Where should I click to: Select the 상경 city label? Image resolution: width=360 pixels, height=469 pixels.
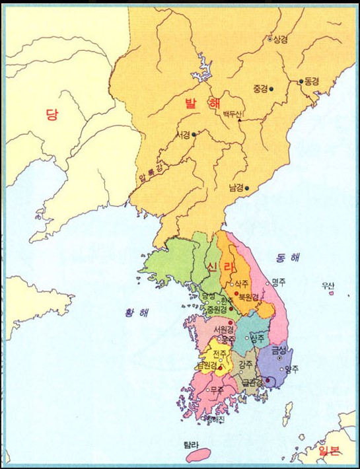tap(281, 39)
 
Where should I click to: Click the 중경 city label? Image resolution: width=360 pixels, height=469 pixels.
tap(260, 89)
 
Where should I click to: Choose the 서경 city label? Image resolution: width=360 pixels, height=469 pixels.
tap(182, 135)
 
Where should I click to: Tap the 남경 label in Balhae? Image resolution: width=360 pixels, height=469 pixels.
tap(236, 188)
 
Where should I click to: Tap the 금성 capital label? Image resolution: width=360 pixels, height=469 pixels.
tap(279, 350)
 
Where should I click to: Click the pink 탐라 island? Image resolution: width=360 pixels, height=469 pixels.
tap(198, 454)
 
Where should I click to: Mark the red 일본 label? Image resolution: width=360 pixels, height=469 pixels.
tap(329, 452)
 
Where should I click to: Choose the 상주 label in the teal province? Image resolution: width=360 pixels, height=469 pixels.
tap(258, 337)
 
